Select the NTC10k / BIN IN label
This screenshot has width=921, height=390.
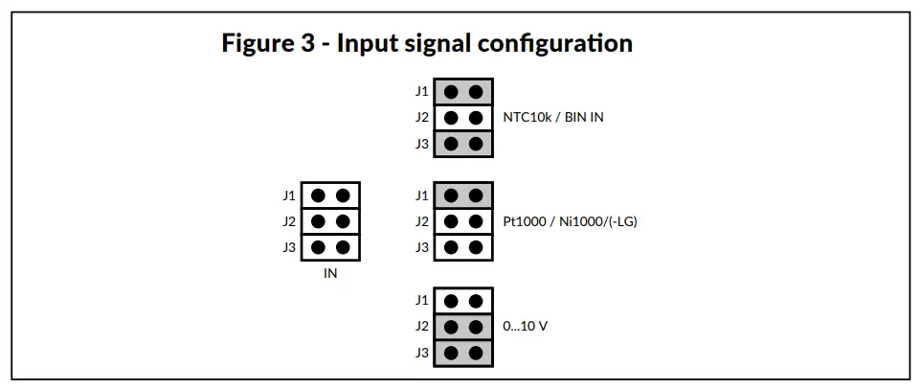[553, 118]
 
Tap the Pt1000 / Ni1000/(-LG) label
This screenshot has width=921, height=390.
[570, 221]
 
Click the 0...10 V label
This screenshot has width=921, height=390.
[526, 326]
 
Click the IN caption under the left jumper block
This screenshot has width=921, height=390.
[329, 273]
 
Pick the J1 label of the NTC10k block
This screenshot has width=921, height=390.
[421, 92]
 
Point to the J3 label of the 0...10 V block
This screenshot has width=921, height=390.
[421, 352]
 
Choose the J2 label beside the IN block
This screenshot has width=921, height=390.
[288, 221]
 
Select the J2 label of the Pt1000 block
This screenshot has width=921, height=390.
[421, 221]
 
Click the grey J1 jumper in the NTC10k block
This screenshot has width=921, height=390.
[463, 92]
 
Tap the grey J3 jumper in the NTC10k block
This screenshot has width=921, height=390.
[463, 144]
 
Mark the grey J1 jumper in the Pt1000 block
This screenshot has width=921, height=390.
[463, 195]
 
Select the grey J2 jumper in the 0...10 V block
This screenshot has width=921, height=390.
[463, 326]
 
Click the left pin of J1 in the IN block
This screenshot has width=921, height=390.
[318, 195]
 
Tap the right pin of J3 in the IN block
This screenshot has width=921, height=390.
[343, 247]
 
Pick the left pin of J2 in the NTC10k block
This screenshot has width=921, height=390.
[451, 118]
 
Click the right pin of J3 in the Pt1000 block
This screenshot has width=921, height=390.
[476, 247]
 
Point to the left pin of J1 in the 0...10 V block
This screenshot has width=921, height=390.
[451, 300]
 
